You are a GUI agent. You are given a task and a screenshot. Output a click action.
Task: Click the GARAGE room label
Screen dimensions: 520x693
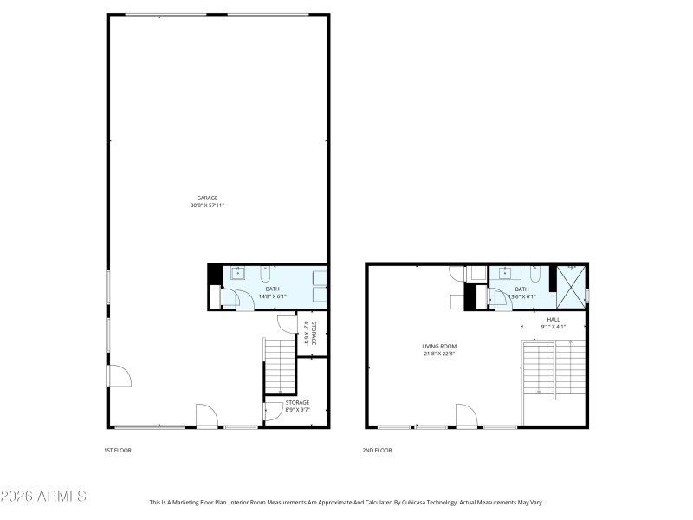pos(207,198)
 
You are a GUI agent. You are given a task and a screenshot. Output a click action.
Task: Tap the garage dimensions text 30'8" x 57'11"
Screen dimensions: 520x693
pos(207,205)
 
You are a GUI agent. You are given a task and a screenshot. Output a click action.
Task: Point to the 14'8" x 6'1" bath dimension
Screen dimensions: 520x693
pos(272,296)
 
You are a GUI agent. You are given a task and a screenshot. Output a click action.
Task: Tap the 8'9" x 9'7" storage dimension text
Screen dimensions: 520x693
pos(297,409)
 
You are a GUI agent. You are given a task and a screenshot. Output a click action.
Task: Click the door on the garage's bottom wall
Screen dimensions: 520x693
pos(207,417)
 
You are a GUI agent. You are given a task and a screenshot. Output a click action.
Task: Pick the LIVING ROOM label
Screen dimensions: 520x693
pos(439,346)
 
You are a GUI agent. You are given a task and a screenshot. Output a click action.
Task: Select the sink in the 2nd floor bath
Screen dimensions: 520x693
pos(504,275)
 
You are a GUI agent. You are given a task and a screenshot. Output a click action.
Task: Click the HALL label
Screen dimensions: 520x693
pos(554,319)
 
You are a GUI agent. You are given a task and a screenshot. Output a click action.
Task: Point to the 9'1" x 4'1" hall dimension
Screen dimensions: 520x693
pos(554,327)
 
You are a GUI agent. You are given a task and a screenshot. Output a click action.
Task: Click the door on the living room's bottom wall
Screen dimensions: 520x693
pos(466,416)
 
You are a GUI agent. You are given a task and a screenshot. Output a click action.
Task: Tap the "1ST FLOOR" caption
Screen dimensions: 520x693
pos(118,451)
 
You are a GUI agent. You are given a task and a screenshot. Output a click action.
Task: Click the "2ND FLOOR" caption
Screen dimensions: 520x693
pos(377,451)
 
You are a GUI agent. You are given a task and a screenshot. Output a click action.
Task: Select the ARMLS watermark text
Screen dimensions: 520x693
pos(43,497)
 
